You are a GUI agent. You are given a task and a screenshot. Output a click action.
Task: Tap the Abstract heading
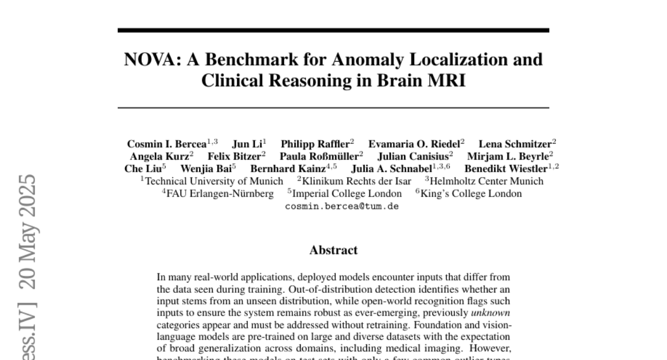pyautogui.click(x=333, y=250)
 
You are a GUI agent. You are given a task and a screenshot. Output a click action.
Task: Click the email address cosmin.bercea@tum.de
pyautogui.click(x=341, y=206)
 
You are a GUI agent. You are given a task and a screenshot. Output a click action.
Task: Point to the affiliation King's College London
pyautogui.click(x=471, y=194)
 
